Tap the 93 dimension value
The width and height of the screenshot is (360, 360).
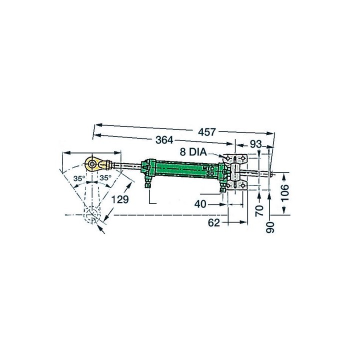pos(256,144)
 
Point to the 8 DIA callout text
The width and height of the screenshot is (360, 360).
pos(194,151)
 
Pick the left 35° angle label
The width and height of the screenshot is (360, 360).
pos(78,178)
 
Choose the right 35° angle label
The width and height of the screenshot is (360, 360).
pos(104,178)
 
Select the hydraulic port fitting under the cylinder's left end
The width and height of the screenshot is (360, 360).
pos(147,184)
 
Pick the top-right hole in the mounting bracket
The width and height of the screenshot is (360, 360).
pos(243,158)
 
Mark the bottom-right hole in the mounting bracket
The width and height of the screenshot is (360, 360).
pos(243,187)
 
